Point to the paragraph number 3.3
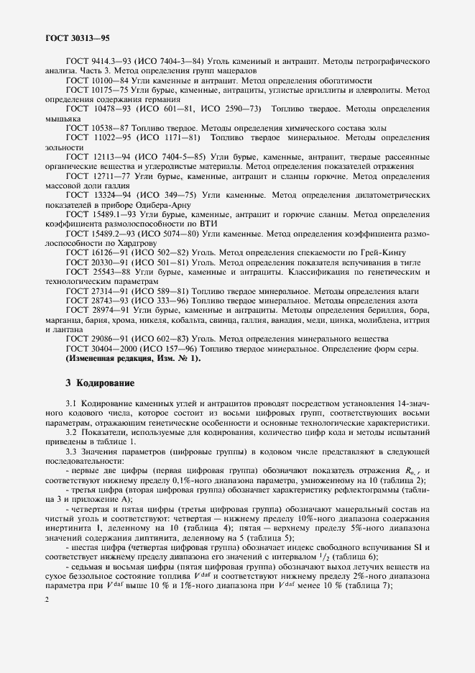point(71,451)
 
